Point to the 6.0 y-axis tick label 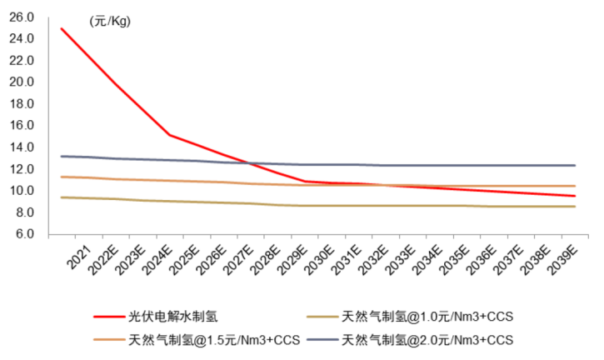[x=23, y=234]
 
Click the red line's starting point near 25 [x=61, y=28]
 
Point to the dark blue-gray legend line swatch [x=322, y=340]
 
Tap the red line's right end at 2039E [x=575, y=196]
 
